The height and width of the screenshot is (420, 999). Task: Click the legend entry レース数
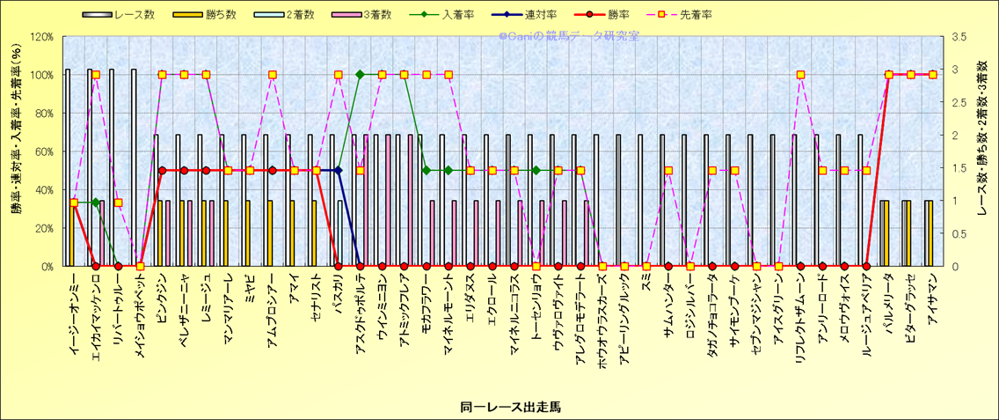pos(126,15)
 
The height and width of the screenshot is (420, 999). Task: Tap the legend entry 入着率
pos(463,15)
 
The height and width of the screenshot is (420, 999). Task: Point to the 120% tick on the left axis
pos(41,37)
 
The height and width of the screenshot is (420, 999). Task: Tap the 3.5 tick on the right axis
pos(958,37)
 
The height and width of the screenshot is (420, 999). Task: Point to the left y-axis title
pos(16,151)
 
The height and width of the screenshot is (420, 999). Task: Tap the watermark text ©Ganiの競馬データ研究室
pos(568,37)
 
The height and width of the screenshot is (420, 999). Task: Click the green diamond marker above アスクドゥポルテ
pos(360,75)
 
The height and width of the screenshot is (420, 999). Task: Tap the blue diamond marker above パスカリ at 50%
pos(338,170)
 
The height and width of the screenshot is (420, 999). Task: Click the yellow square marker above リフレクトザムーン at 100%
pos(800,75)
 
